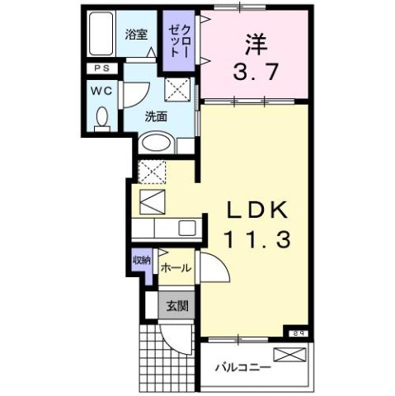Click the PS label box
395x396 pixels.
click(x=101, y=69)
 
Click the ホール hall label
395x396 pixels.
click(x=176, y=268)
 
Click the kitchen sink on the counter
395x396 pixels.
click(x=187, y=228)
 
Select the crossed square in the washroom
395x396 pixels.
click(x=176, y=88)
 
